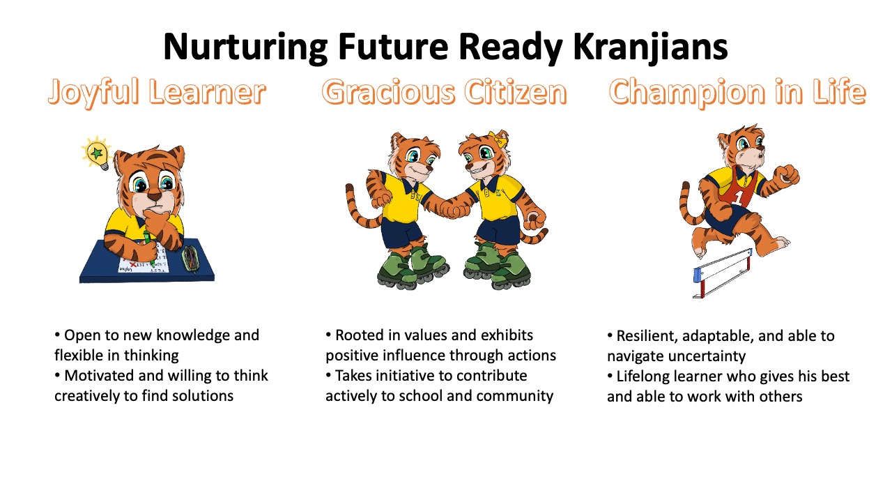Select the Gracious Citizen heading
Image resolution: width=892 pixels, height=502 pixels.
444,91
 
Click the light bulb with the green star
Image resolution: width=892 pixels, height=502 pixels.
96,153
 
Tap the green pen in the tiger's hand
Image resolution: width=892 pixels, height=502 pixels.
148,247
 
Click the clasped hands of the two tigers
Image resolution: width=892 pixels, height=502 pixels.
455,208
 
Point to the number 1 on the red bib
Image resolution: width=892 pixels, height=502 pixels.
739,197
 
